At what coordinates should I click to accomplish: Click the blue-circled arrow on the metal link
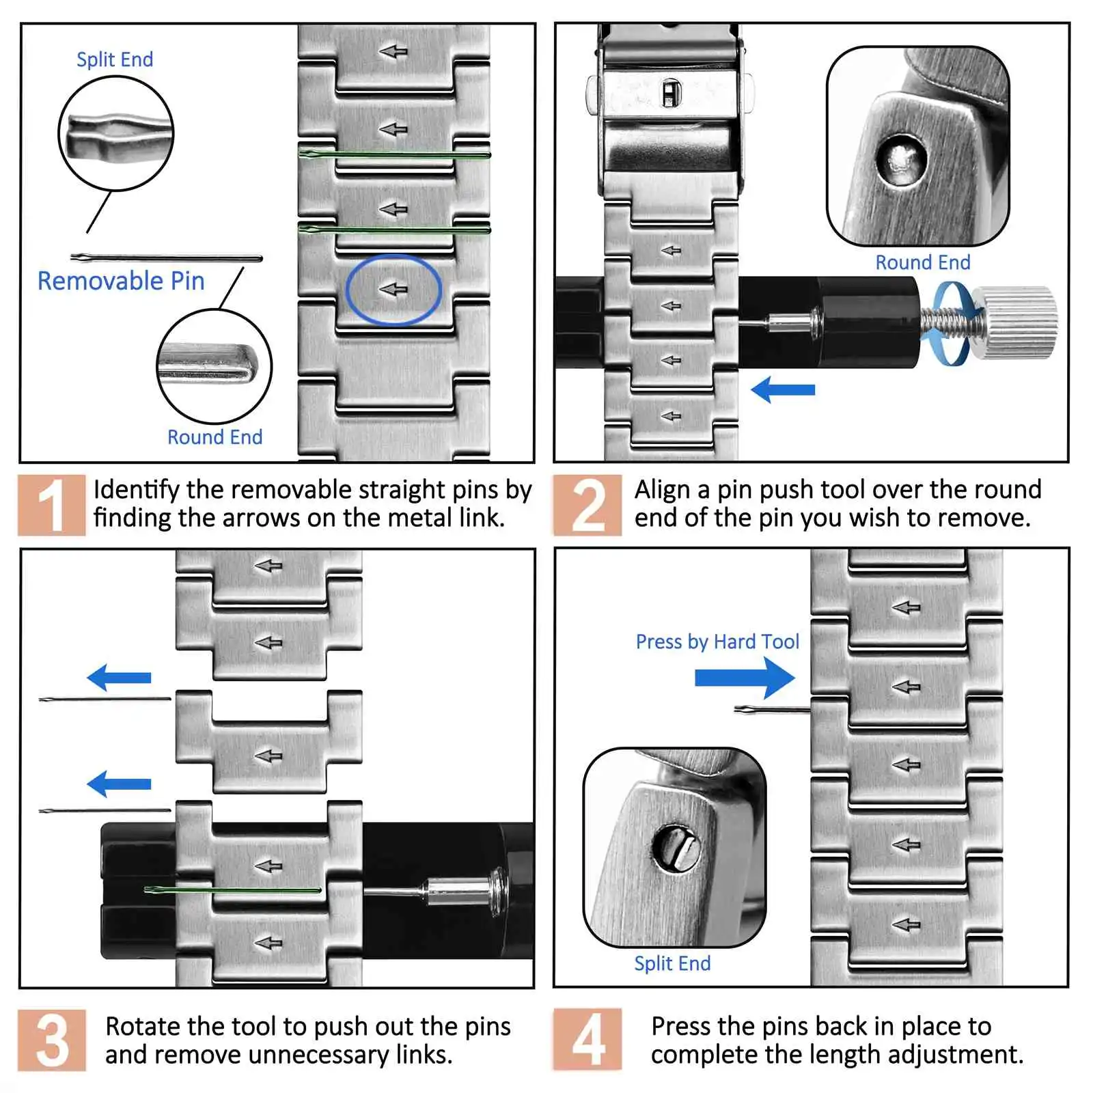[393, 290]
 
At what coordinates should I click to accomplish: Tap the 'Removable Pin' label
[121, 281]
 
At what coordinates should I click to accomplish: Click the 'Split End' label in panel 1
[115, 59]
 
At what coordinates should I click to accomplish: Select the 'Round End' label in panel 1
[215, 437]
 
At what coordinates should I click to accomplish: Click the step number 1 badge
[52, 505]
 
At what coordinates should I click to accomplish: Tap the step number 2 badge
[587, 505]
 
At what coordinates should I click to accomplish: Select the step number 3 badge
[52, 1040]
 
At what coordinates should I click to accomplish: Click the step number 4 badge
[587, 1040]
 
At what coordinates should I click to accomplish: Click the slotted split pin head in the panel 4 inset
[676, 848]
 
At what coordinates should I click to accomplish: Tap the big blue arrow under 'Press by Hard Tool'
[745, 678]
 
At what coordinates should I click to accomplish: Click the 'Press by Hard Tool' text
[717, 641]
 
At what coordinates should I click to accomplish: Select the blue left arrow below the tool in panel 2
[783, 390]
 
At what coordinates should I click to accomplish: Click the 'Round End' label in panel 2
[922, 262]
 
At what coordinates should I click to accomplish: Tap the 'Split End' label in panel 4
[672, 963]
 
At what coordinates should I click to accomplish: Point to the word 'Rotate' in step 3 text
[143, 1026]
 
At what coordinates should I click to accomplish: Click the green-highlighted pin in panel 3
[232, 890]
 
